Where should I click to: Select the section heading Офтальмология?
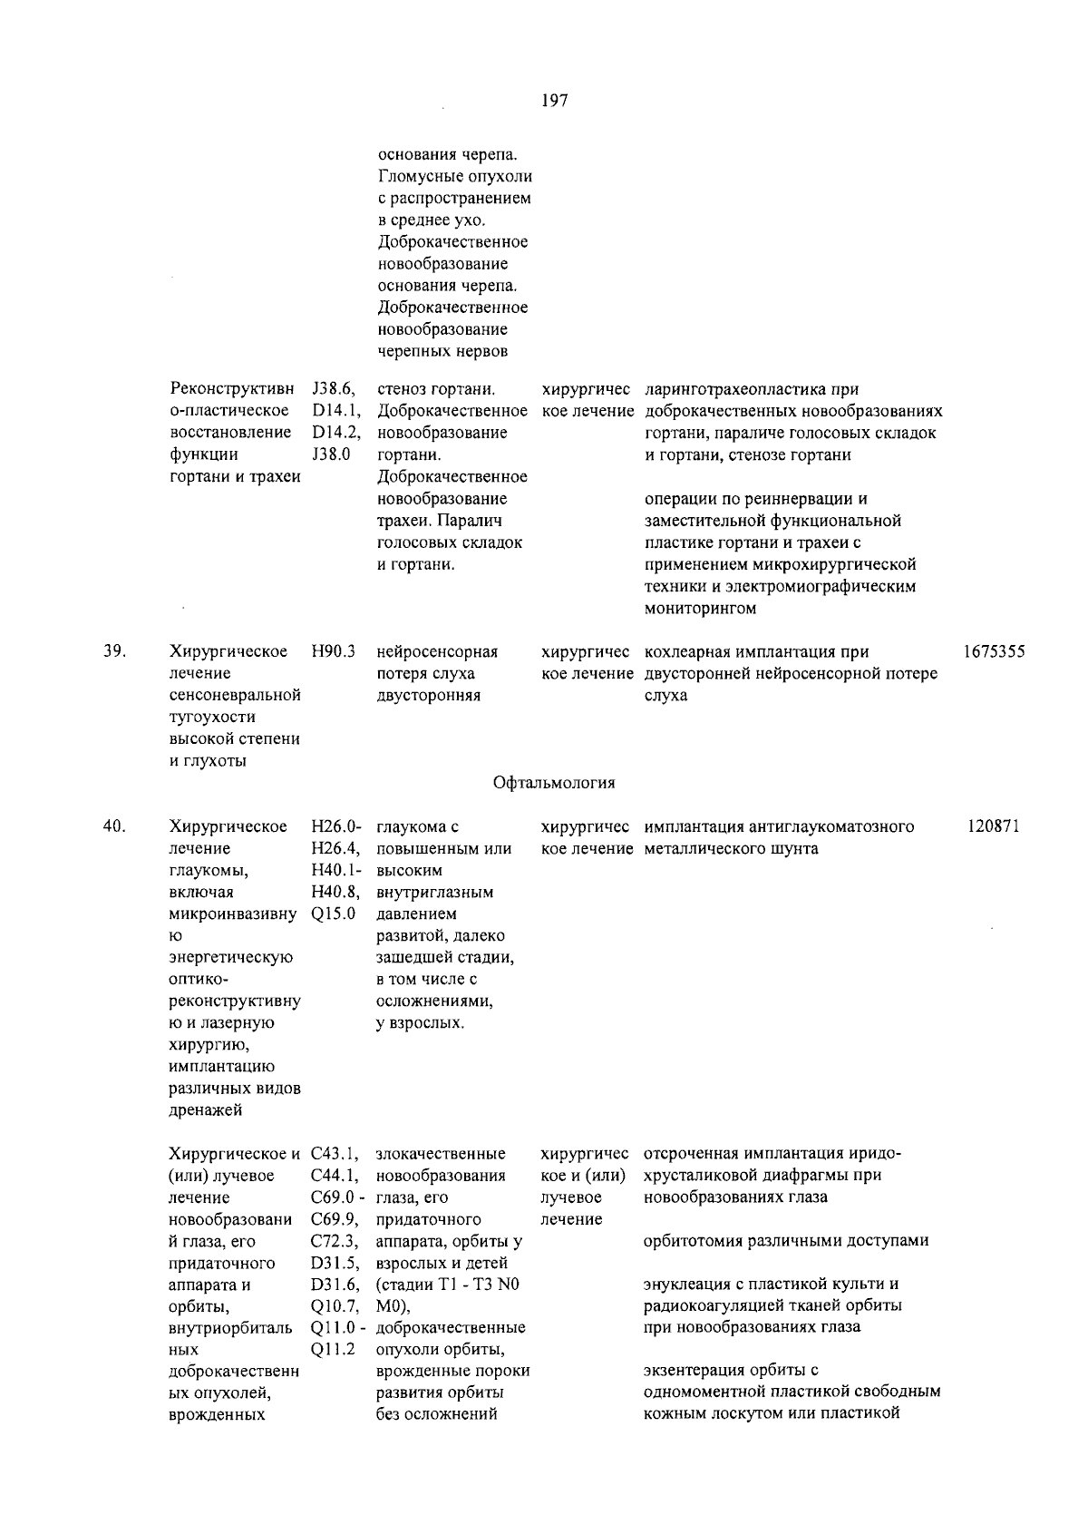pos(554,783)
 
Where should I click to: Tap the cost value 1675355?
pos(995,652)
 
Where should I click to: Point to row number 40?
pos(114,826)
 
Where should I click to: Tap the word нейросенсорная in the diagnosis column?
pos(437,652)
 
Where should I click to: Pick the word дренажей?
pos(207,1110)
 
